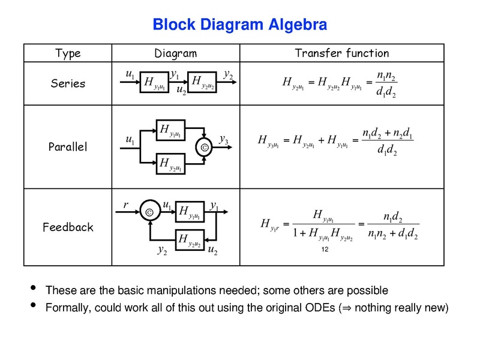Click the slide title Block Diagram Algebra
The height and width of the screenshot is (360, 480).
coord(239,25)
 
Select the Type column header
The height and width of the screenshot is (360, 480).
coord(68,53)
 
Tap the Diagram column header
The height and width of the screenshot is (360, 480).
coord(175,53)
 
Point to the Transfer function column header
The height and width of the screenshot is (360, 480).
coord(342,53)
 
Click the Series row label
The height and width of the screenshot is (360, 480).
coord(68,83)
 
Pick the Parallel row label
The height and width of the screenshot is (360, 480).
coord(68,146)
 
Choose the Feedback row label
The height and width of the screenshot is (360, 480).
coord(68,227)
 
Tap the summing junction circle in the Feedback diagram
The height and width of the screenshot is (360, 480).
coord(149,211)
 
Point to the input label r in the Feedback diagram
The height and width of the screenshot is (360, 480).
coord(126,205)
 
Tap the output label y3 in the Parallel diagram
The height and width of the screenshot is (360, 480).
coord(223,140)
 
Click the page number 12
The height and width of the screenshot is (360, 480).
coord(326,249)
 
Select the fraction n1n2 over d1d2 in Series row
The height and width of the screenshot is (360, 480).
coord(386,85)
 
